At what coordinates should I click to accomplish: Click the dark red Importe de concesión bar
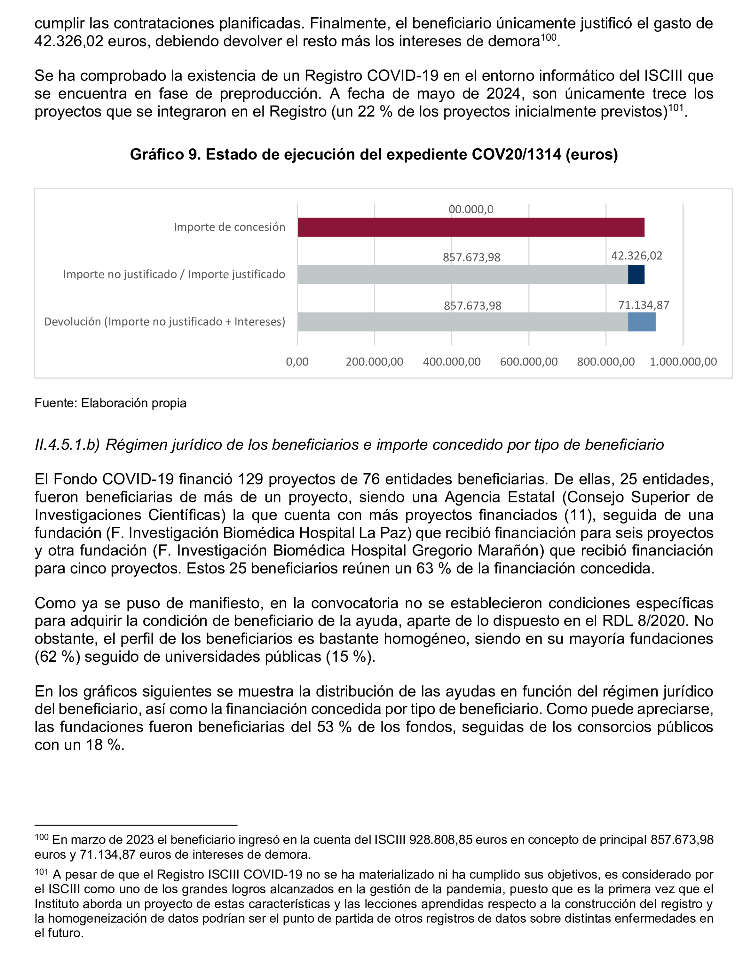click(x=471, y=227)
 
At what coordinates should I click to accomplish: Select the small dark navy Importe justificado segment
click(x=636, y=275)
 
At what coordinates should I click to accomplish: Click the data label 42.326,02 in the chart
click(x=636, y=256)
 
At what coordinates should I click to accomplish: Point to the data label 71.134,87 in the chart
click(x=643, y=305)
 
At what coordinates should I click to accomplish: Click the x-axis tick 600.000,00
click(x=528, y=362)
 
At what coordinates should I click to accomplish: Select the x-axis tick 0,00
click(x=297, y=362)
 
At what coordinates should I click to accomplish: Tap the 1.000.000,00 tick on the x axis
click(x=683, y=362)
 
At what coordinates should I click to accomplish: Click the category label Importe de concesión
click(x=229, y=227)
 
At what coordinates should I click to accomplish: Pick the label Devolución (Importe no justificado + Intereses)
click(x=165, y=322)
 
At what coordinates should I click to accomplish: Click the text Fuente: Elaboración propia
click(x=110, y=403)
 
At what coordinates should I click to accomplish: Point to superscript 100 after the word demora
click(x=548, y=38)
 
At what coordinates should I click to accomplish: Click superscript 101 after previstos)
click(x=676, y=108)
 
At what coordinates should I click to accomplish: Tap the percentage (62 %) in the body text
click(x=57, y=657)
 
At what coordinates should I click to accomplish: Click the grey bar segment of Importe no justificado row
click(x=462, y=275)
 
